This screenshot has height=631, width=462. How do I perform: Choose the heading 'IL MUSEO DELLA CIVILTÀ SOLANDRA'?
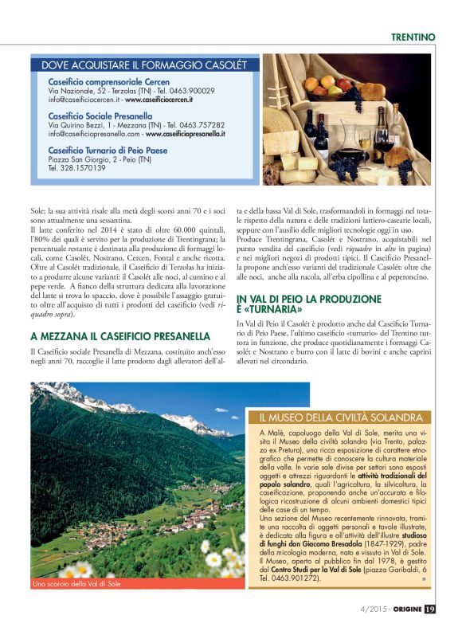coord(340,417)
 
